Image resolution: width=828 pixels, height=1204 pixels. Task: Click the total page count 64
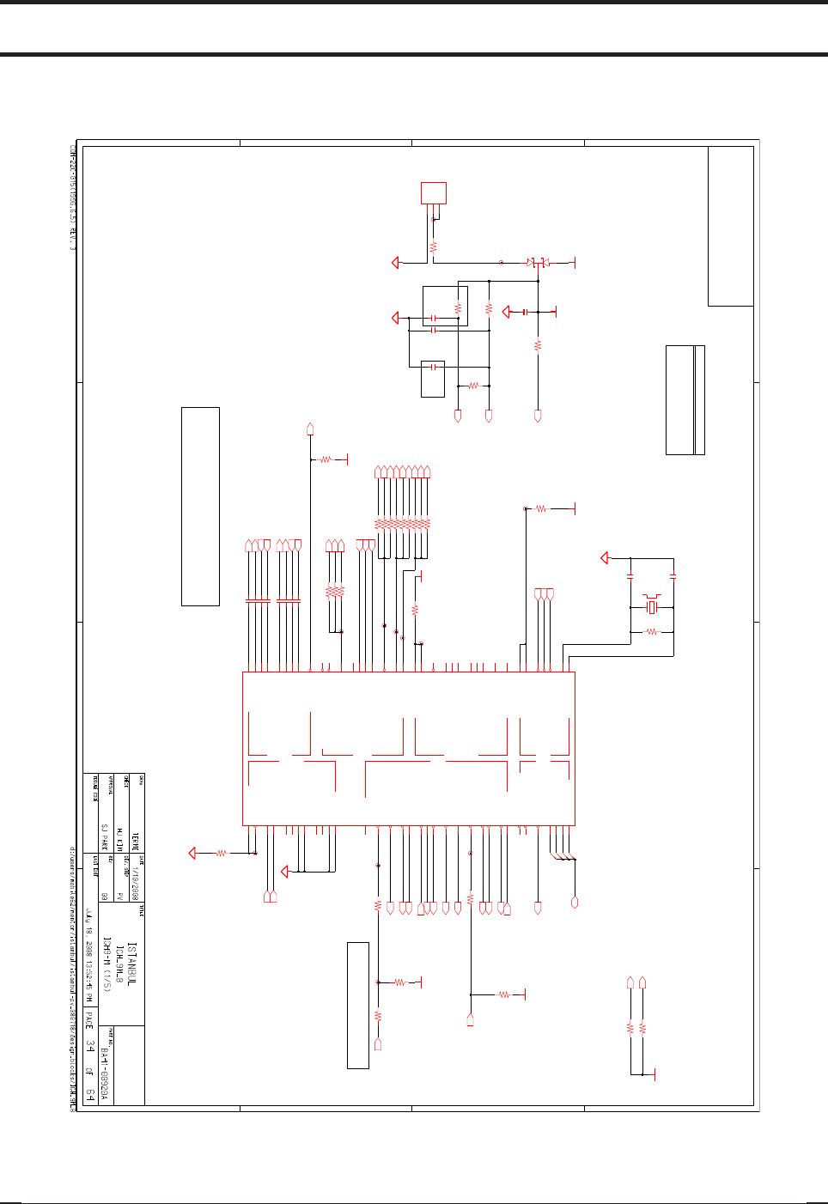click(90, 1094)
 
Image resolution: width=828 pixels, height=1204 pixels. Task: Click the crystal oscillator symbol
click(652, 608)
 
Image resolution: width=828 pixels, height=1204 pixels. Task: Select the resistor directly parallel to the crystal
click(651, 632)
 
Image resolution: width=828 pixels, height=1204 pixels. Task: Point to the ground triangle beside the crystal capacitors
click(605, 558)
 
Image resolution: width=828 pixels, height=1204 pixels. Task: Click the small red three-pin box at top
click(434, 192)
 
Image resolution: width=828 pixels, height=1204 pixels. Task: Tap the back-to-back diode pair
click(538, 262)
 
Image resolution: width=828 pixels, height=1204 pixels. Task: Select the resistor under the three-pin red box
click(434, 245)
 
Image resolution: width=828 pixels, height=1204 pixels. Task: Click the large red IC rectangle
click(409, 748)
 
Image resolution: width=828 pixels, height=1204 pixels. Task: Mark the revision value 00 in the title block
click(105, 895)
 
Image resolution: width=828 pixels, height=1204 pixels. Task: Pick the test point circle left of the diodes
click(502, 262)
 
